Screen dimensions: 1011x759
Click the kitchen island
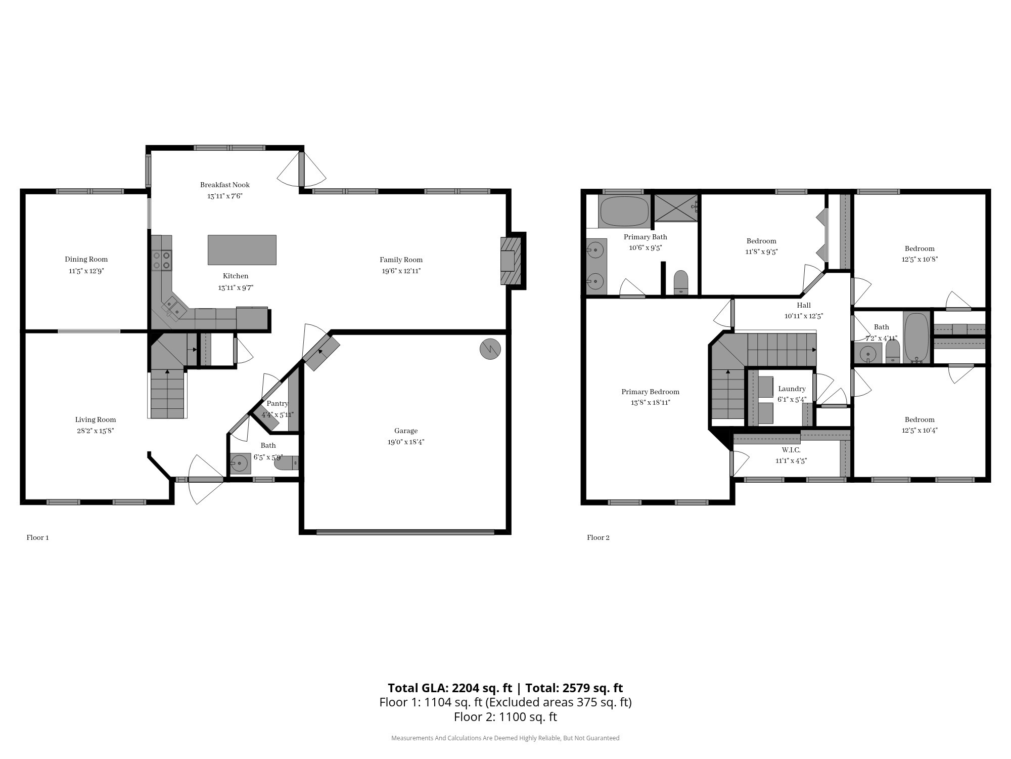tap(242, 250)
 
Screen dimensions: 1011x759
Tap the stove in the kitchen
tap(162, 260)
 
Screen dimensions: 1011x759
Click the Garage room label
tap(406, 431)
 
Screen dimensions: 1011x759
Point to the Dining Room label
tap(86, 260)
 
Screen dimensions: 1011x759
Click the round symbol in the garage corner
tap(490, 349)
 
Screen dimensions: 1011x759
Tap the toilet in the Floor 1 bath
tap(287, 463)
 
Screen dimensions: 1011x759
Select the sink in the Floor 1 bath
tap(240, 463)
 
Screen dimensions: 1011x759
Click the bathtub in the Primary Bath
tap(624, 212)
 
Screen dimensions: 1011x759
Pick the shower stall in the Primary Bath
tap(676, 207)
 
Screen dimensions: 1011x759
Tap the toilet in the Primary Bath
tap(681, 282)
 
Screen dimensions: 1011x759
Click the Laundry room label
tap(792, 389)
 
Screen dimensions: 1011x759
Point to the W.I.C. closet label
tap(791, 450)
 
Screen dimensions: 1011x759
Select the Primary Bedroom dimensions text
tap(650, 403)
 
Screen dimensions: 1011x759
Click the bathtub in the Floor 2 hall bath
tap(916, 338)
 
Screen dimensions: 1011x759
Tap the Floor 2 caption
tap(598, 537)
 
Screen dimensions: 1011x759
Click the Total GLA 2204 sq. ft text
tap(450, 688)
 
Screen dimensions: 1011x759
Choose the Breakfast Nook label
tap(225, 185)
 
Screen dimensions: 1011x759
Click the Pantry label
tap(278, 403)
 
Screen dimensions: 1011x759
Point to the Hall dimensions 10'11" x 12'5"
tap(804, 316)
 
